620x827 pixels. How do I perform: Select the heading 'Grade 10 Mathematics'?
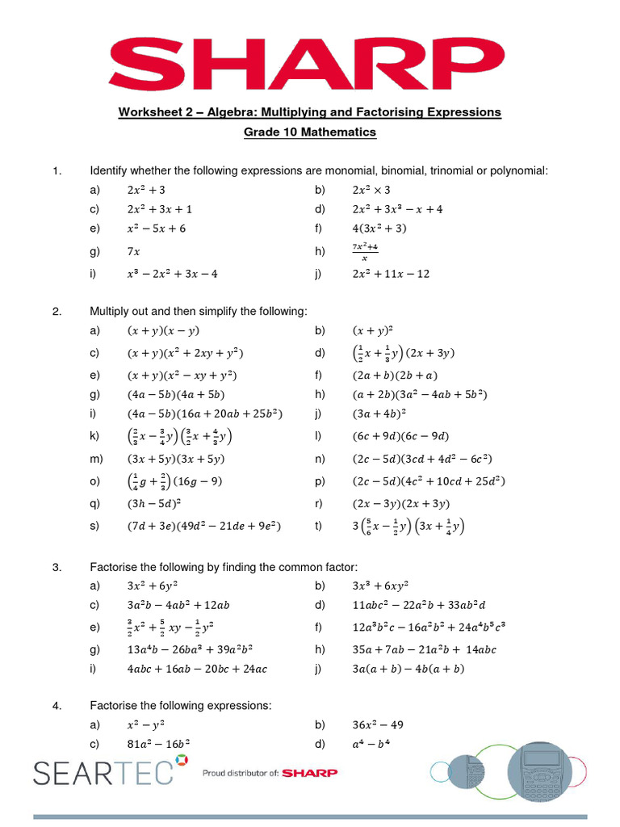coord(310,132)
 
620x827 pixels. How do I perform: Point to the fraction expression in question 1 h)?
coord(365,251)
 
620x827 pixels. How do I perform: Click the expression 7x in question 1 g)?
coord(133,252)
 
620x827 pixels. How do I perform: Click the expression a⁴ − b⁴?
coord(372,745)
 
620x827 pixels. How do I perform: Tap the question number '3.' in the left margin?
coord(57,567)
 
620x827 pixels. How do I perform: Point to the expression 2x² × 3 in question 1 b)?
coord(371,190)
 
